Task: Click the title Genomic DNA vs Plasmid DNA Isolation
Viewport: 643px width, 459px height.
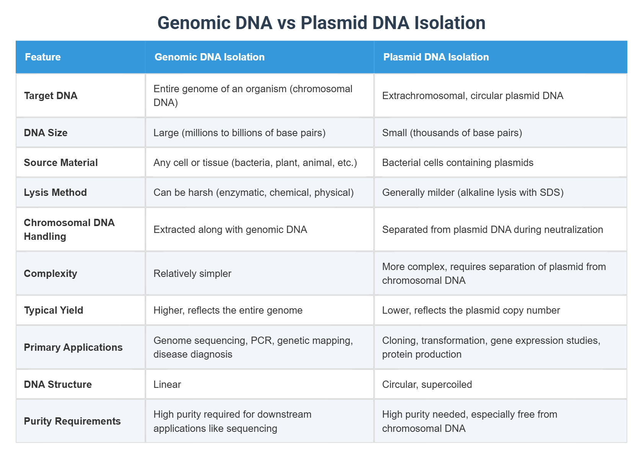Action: click(321, 23)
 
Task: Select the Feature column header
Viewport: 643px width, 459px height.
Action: click(43, 57)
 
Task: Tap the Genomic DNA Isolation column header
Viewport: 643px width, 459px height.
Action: click(209, 57)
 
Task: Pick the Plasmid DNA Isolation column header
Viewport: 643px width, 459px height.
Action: click(436, 57)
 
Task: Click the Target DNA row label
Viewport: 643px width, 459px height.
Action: click(51, 96)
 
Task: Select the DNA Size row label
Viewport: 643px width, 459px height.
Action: click(46, 133)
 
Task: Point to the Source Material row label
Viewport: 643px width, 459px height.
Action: click(61, 163)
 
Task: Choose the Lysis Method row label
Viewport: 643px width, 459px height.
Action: click(55, 192)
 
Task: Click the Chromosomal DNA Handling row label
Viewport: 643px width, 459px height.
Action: click(69, 229)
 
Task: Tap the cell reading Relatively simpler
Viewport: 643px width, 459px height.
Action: click(192, 273)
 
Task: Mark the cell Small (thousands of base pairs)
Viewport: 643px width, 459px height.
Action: click(452, 133)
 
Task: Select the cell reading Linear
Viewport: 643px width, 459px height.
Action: click(167, 384)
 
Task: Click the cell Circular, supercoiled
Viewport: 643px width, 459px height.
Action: click(427, 384)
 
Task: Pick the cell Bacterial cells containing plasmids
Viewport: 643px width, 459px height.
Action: click(457, 163)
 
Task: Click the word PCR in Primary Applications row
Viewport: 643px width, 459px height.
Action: click(261, 340)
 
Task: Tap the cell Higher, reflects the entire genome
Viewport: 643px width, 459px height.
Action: click(228, 310)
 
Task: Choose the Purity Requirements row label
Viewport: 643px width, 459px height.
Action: click(72, 421)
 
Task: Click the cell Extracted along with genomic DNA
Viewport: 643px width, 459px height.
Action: click(230, 229)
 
